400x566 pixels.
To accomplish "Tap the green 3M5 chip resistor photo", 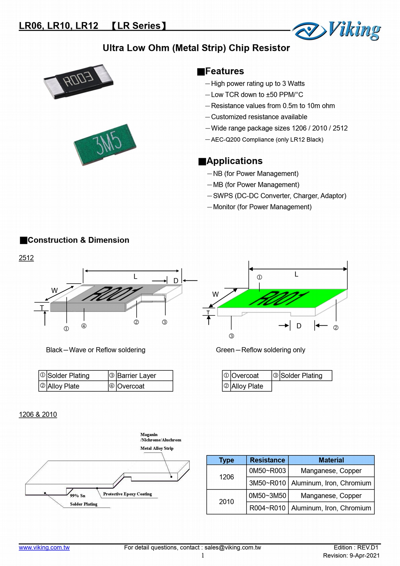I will pyautogui.click(x=105, y=144).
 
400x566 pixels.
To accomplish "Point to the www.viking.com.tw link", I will pyautogui.click(x=44, y=547).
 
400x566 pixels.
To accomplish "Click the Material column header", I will pyautogui.click(x=331, y=460).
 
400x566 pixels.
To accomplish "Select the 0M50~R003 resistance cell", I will pyautogui.click(x=267, y=471).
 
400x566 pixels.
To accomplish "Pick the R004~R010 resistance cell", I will pyautogui.click(x=267, y=508).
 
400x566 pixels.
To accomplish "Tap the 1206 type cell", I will pyautogui.click(x=226, y=477).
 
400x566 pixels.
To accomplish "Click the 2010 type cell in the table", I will pyautogui.click(x=226, y=502).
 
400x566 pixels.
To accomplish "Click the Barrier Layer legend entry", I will pyautogui.click(x=137, y=376).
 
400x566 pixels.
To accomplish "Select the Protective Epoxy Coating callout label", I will pyautogui.click(x=127, y=494).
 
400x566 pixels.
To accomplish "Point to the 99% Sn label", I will pyautogui.click(x=78, y=496).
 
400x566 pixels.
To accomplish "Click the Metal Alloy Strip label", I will pyautogui.click(x=157, y=448).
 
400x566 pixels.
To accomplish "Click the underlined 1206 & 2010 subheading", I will pyautogui.click(x=38, y=415).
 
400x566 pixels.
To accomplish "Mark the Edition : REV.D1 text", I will pyautogui.click(x=356, y=547).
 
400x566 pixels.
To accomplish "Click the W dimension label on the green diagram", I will pyautogui.click(x=215, y=294).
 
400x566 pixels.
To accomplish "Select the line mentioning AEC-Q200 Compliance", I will pyautogui.click(x=267, y=140).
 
